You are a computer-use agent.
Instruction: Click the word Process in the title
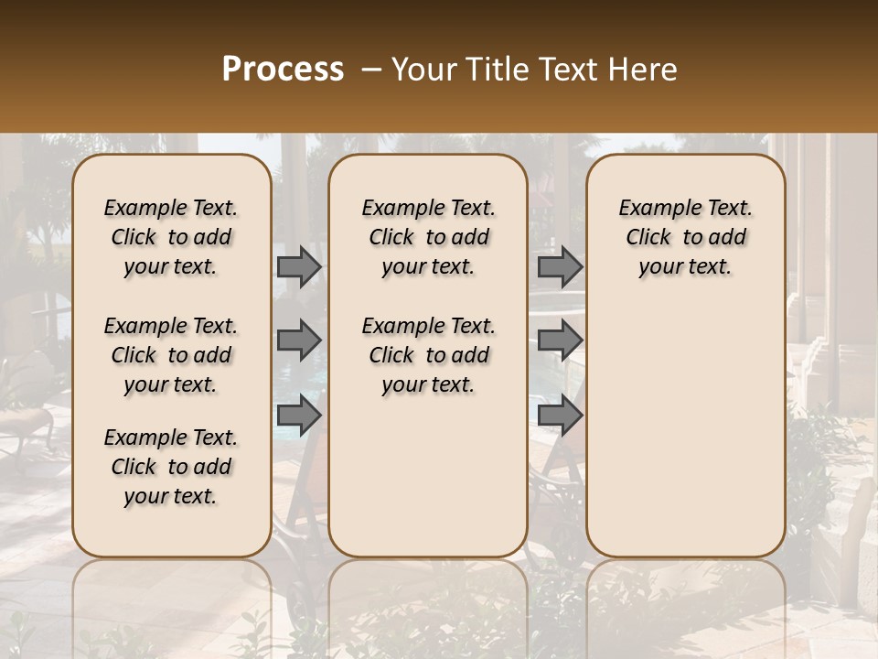(x=283, y=70)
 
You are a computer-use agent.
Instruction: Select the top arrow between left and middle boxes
(x=299, y=267)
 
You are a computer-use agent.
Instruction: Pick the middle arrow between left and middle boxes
(x=299, y=341)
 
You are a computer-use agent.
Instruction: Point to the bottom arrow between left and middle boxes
(x=299, y=416)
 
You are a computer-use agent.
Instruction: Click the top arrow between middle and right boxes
(x=560, y=267)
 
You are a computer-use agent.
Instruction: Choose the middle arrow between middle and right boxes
(x=560, y=341)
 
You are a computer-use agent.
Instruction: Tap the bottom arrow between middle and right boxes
(x=560, y=416)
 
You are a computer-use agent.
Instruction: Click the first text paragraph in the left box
(x=171, y=237)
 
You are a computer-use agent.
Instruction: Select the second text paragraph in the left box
(x=171, y=355)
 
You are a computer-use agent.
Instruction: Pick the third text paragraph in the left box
(x=171, y=467)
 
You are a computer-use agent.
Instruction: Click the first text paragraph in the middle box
(x=428, y=237)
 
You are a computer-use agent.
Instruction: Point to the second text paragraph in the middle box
(x=428, y=355)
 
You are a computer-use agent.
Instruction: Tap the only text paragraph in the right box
(x=685, y=237)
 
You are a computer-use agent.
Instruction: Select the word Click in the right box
(x=648, y=238)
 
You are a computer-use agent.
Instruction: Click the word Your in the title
(x=420, y=70)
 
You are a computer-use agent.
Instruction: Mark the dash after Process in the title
(x=371, y=70)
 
